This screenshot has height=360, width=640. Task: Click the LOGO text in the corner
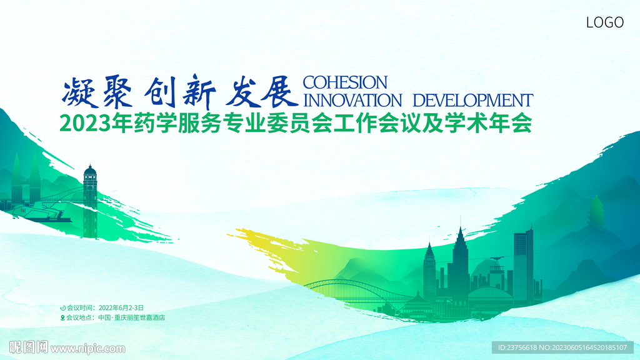click(x=604, y=22)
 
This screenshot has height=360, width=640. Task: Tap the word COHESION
click(x=344, y=82)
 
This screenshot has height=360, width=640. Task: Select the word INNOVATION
click(x=351, y=100)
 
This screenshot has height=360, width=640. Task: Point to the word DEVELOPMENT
click(x=473, y=100)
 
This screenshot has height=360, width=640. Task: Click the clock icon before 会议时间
click(x=62, y=307)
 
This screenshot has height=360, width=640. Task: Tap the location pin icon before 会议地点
click(x=62, y=317)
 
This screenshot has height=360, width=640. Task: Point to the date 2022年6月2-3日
click(x=121, y=307)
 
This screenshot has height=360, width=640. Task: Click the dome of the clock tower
click(x=90, y=169)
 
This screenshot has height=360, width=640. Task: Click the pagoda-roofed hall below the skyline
click(x=418, y=304)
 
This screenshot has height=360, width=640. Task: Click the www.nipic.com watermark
click(x=87, y=348)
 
